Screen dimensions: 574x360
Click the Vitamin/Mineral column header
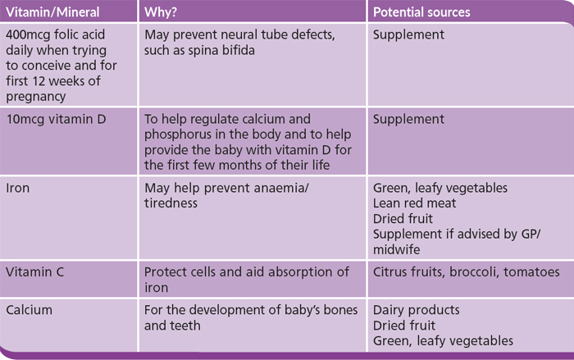pyautogui.click(x=52, y=12)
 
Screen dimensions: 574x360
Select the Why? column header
pyautogui.click(x=161, y=12)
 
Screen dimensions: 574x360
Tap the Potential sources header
pyautogui.click(x=421, y=12)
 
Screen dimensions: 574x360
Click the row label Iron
pyautogui.click(x=17, y=188)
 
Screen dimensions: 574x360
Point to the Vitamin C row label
pyautogui.click(x=34, y=271)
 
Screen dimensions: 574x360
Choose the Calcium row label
pyautogui.click(x=29, y=310)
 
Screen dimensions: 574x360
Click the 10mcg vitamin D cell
pyautogui.click(x=56, y=119)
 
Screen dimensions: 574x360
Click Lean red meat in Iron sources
pyautogui.click(x=414, y=203)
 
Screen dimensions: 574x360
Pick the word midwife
pyautogui.click(x=396, y=249)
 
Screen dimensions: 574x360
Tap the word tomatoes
pyautogui.click(x=531, y=271)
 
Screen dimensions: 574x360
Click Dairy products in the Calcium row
pyautogui.click(x=417, y=310)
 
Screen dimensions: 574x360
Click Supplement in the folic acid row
pyautogui.click(x=408, y=34)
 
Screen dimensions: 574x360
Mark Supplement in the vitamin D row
pyautogui.click(x=408, y=120)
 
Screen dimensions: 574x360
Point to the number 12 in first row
pyautogui.click(x=39, y=81)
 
